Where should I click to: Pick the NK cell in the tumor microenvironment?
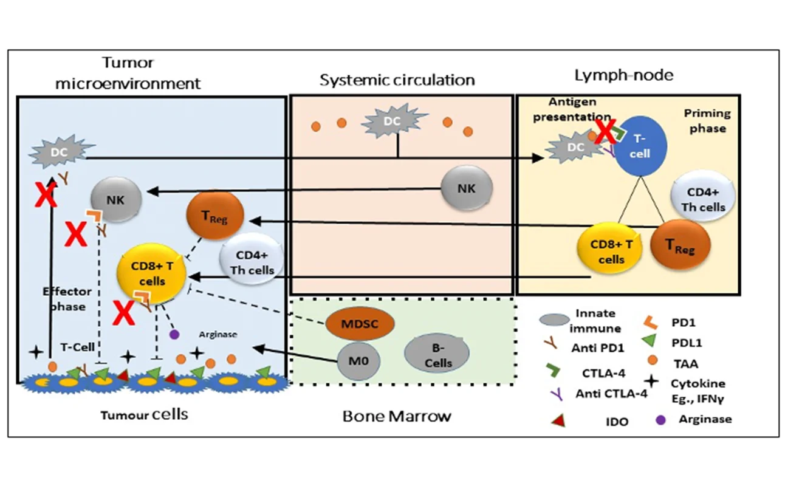click(116, 199)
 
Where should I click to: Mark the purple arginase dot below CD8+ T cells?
click(174, 334)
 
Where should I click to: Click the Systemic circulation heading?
click(397, 80)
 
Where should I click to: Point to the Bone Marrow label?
click(397, 416)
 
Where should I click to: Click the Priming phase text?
click(707, 120)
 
